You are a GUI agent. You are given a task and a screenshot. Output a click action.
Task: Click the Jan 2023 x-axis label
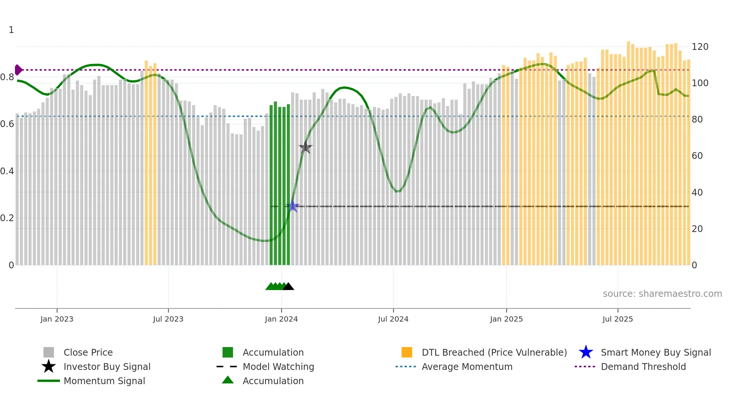click(57, 319)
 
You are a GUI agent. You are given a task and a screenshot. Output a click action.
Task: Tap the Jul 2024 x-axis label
click(393, 319)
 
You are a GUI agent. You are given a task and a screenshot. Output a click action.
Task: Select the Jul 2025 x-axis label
click(618, 319)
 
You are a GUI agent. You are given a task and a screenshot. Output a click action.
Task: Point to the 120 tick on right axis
click(700, 47)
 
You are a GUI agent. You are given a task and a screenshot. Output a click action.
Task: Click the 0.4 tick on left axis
click(7, 171)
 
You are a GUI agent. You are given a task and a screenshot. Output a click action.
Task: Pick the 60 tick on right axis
click(697, 156)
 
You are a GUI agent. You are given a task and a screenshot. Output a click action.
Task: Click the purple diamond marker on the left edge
click(18, 70)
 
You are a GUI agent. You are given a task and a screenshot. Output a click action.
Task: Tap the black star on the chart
click(306, 148)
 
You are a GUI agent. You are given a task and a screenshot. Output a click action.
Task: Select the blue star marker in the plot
click(292, 206)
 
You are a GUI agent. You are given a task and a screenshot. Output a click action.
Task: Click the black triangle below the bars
click(288, 287)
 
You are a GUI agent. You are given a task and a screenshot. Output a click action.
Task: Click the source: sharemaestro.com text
click(662, 294)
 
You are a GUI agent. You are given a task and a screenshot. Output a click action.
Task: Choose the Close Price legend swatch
click(49, 352)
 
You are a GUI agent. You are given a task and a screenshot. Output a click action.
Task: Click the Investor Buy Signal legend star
click(49, 367)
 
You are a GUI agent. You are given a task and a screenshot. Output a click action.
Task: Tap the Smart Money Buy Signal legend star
click(586, 352)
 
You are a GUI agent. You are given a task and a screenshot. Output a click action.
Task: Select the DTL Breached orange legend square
click(407, 352)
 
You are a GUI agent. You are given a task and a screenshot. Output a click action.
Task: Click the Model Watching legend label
click(278, 367)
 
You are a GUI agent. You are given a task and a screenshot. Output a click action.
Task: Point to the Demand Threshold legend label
click(643, 367)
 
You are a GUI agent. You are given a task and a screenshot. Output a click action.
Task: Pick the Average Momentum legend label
click(467, 367)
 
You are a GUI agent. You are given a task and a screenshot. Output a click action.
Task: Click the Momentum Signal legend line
click(49, 381)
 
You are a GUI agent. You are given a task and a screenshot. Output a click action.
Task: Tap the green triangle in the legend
click(228, 380)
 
